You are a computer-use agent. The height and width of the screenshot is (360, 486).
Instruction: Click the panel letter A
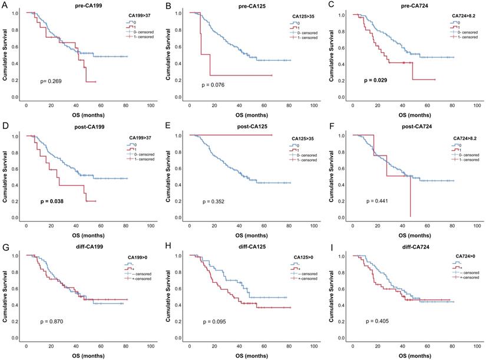pyautogui.click(x=5, y=4)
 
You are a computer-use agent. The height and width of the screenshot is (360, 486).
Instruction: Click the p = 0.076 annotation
pyautogui.click(x=214, y=84)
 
